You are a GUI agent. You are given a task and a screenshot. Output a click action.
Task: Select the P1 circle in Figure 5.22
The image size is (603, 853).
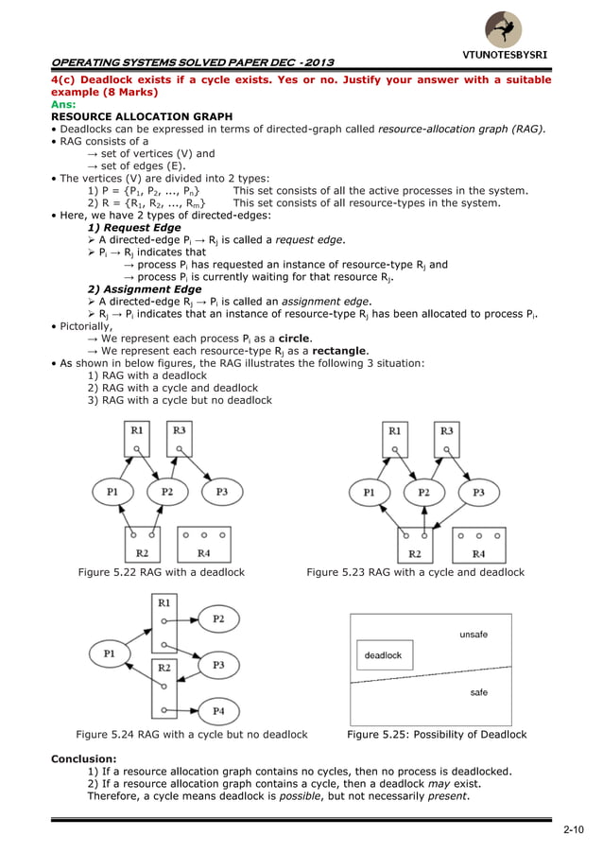(x=112, y=492)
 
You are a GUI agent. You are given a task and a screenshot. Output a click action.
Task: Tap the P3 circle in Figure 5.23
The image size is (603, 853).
(x=478, y=492)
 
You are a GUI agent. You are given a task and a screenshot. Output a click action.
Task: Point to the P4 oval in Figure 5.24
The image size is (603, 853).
(x=217, y=710)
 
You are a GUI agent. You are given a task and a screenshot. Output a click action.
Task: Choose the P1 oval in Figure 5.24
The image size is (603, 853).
(x=110, y=652)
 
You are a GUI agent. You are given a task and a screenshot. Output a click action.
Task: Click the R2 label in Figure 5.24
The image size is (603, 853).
(x=164, y=668)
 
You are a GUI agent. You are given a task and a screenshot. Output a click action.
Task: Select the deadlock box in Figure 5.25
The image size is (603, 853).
(x=383, y=654)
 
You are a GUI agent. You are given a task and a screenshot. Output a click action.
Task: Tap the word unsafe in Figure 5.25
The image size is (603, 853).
(x=473, y=635)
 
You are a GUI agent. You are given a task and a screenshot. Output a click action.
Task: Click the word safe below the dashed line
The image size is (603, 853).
(x=479, y=693)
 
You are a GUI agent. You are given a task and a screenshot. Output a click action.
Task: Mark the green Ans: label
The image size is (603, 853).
(x=63, y=105)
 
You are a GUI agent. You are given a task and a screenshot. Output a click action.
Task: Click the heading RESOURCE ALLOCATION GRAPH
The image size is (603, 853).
(x=141, y=116)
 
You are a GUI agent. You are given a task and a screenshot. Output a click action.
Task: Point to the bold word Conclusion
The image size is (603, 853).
(x=83, y=757)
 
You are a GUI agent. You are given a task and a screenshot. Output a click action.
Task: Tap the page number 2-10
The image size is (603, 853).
(x=573, y=830)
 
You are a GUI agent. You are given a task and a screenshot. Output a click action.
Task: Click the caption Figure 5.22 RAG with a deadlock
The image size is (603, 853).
(x=161, y=572)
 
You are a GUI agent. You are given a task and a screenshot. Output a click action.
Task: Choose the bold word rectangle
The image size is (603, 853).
(x=338, y=350)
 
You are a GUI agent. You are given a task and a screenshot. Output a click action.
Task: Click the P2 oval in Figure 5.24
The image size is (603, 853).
(x=217, y=618)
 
